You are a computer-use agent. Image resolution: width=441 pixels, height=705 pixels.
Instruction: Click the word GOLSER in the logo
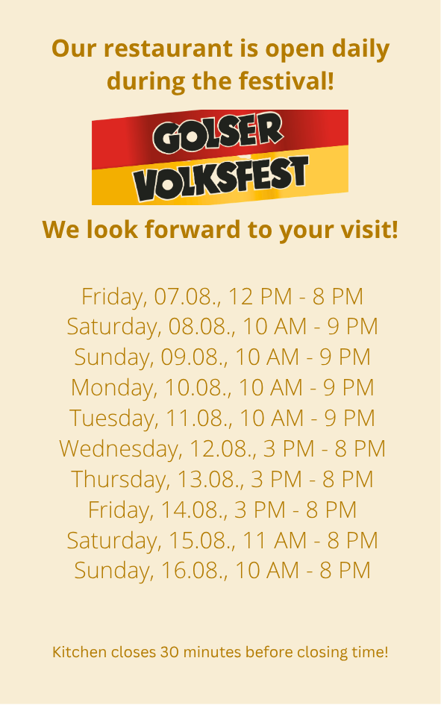pos(218,133)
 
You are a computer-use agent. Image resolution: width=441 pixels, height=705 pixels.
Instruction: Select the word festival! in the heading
pos(287,81)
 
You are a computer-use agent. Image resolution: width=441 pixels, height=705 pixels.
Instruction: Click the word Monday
pos(113,388)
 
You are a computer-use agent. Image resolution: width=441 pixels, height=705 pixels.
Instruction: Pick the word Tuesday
pos(113,419)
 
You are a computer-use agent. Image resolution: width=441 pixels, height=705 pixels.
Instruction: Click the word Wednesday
pos(120,449)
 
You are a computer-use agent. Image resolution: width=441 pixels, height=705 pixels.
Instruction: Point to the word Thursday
pos(120,479)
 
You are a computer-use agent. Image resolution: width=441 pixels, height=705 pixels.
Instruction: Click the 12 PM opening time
pos(260,297)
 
